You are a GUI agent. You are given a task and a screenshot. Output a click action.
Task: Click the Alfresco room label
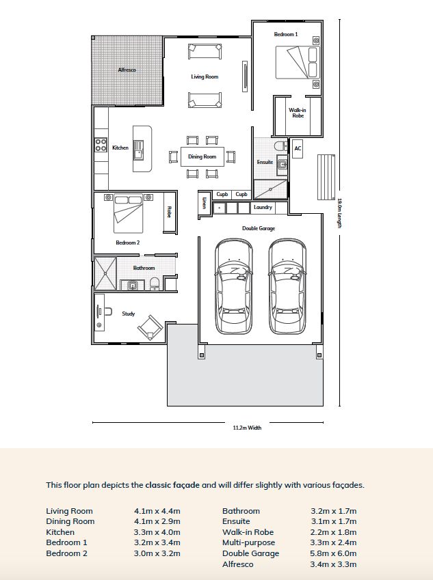pos(127,70)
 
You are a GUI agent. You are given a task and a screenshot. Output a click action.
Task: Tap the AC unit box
pos(298,148)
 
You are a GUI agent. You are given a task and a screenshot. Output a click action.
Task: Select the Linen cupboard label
pos(204,202)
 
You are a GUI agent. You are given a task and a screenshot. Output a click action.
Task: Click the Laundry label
pos(263,207)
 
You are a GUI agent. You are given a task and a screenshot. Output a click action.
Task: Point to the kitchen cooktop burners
pos(101,145)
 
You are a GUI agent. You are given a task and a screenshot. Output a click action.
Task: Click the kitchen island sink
pos(139,150)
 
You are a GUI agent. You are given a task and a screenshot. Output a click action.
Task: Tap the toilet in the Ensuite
pos(280,146)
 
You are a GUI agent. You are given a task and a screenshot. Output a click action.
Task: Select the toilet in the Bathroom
pos(155,284)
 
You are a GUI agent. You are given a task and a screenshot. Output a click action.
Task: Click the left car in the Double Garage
pos(234,286)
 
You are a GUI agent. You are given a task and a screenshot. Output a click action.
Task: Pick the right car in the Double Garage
pos(287,286)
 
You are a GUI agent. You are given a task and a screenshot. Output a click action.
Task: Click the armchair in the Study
pos(150,327)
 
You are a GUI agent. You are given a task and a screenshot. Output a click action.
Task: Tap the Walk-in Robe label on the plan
pos(298,113)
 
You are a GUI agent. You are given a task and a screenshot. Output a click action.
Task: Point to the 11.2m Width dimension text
pos(247,428)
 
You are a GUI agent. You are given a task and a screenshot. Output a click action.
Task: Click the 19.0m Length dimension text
pos(339,213)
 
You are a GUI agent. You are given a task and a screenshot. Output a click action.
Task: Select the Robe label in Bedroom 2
pos(169,212)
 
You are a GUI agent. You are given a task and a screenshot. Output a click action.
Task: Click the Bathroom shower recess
pos(105,273)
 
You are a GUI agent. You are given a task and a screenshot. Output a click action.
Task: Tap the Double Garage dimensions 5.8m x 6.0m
pos(333,553)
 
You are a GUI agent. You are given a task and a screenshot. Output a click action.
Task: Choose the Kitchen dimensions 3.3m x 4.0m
pos(157,532)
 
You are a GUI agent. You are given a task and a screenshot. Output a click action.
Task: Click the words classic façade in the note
pos(172,485)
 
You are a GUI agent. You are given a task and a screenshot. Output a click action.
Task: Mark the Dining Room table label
pos(202,156)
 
